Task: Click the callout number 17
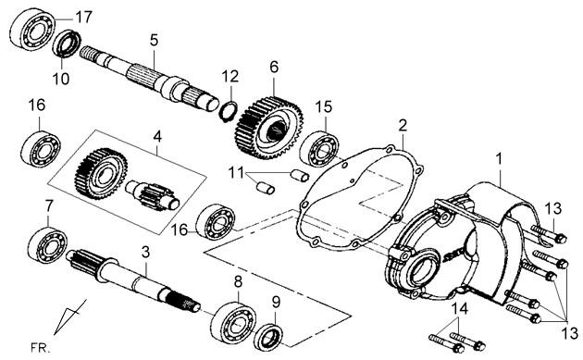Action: [x=83, y=17]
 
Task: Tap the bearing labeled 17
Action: [x=32, y=30]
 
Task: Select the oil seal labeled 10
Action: [x=67, y=43]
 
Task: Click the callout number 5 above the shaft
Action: [x=154, y=40]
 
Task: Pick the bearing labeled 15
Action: [x=319, y=148]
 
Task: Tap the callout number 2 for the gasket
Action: [x=403, y=125]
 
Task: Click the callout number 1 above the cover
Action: [x=499, y=159]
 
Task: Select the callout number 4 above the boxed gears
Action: [x=157, y=136]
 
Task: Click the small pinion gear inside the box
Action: [x=153, y=195]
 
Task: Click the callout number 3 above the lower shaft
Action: [x=146, y=252]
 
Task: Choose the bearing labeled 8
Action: [x=233, y=322]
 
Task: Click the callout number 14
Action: [x=460, y=309]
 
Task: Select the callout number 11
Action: [x=236, y=173]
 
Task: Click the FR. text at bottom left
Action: [x=41, y=349]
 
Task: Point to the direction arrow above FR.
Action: [x=69, y=317]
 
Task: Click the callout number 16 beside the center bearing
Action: [x=180, y=230]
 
